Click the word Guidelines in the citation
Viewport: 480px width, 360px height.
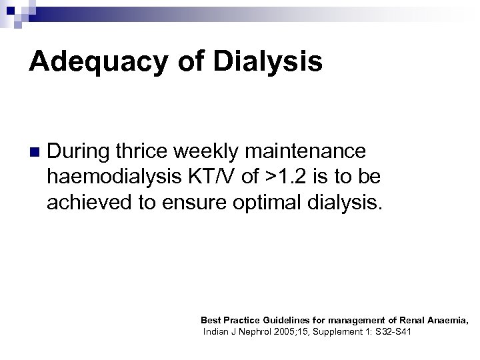[286, 320]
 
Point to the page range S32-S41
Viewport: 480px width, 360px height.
[393, 331]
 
